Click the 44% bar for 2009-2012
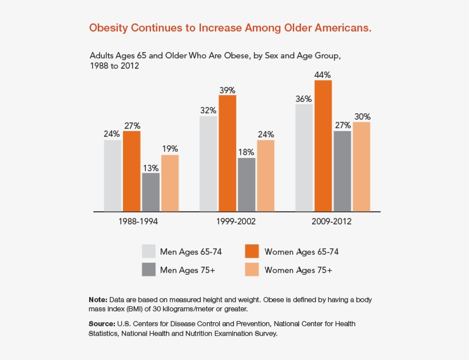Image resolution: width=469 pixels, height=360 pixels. pos(323,145)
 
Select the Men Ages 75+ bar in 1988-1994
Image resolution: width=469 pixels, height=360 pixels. pos(150,192)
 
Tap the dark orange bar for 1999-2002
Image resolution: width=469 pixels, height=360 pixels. pos(227,153)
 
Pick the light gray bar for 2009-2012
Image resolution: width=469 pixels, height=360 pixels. pos(304,157)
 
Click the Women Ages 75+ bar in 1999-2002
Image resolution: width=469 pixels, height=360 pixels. pos(265,175)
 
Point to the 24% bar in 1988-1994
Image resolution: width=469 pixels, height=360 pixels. pos(112,175)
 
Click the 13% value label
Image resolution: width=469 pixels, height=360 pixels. pos(150,168)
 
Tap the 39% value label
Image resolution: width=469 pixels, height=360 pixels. pos(227,90)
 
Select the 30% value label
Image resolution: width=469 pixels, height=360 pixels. pos(361,117)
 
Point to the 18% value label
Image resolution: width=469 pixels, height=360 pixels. pos(247,153)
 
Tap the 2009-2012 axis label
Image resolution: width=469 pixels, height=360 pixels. pos(332,221)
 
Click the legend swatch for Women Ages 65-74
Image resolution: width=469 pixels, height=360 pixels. pos(252,251)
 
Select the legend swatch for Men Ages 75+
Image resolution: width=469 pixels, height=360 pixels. pos(149,270)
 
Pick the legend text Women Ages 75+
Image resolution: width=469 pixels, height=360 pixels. pos(298,270)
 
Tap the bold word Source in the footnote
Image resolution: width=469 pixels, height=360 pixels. pos(101,324)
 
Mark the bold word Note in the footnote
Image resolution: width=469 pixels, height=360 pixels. pos(98,300)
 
